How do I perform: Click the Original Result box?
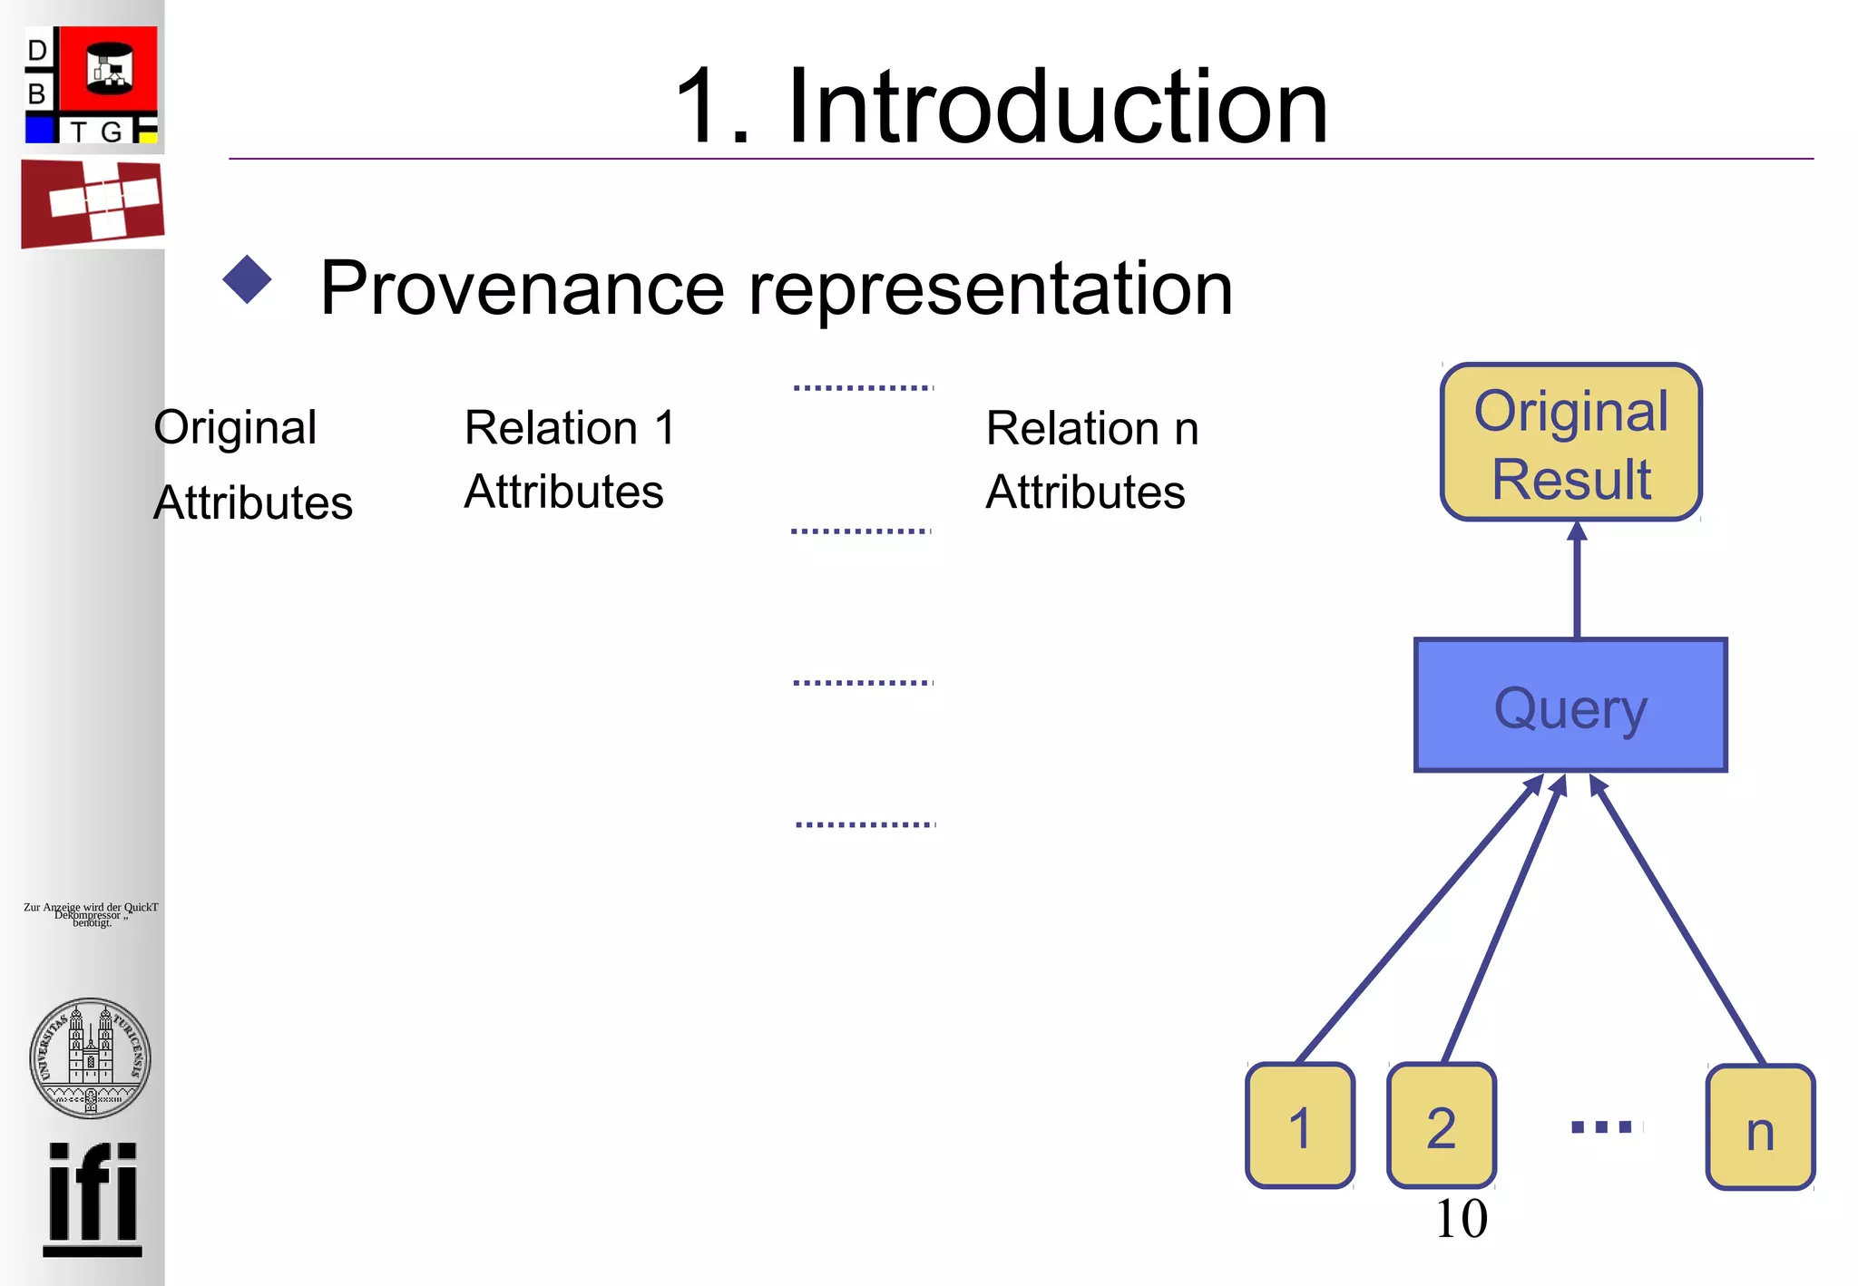click(1570, 443)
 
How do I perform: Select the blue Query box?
click(1570, 706)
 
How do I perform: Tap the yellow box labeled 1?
click(1300, 1125)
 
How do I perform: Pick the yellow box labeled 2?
click(1441, 1125)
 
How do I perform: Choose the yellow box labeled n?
click(1760, 1127)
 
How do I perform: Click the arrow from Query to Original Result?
click(1577, 580)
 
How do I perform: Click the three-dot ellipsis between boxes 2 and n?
click(1601, 1127)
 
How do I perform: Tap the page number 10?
click(1461, 1218)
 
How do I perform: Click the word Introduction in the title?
click(1057, 107)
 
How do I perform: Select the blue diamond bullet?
click(247, 279)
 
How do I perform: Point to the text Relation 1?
click(570, 427)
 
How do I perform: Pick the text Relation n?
click(1092, 428)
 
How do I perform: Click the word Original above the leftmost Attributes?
click(235, 426)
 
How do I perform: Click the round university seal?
click(90, 1057)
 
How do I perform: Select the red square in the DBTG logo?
click(109, 69)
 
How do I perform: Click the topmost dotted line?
click(863, 387)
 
